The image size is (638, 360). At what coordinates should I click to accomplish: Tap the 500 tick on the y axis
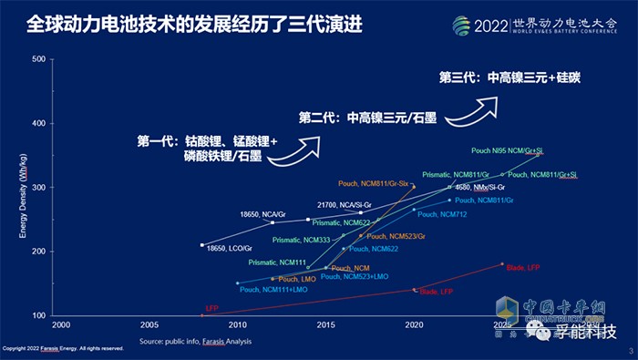[x=38, y=60]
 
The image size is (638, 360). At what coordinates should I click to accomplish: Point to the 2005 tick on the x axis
[x=149, y=324]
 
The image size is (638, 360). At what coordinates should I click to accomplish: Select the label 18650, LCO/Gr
[x=230, y=248]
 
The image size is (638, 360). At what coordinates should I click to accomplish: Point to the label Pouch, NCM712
[x=441, y=215]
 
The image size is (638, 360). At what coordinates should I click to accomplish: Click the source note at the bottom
[x=195, y=341]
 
